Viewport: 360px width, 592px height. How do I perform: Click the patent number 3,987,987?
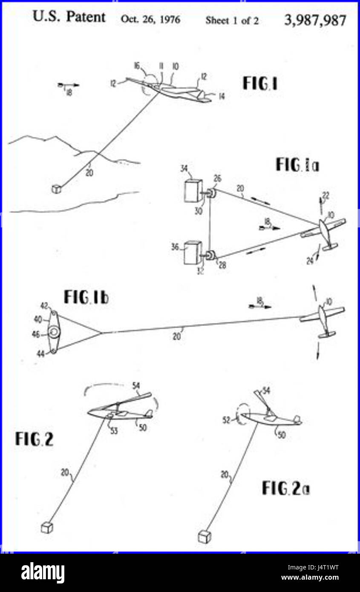pos(315,20)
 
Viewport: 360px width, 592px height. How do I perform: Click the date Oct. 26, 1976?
pos(150,20)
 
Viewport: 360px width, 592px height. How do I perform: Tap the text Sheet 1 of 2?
pos(232,20)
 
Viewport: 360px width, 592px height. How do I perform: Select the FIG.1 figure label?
pos(260,83)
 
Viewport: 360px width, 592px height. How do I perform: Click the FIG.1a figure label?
pos(297,164)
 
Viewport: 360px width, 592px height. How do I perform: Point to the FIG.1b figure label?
pos(86,297)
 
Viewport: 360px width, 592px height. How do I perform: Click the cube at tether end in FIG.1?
pos(56,189)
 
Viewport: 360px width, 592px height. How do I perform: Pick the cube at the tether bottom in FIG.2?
pos(46,528)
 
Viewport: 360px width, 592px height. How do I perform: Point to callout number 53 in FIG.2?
pos(114,431)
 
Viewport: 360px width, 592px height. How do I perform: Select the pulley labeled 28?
pos(212,256)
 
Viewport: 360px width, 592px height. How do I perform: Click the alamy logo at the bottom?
pos(43,573)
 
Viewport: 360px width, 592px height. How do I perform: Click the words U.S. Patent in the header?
pos(69,17)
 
